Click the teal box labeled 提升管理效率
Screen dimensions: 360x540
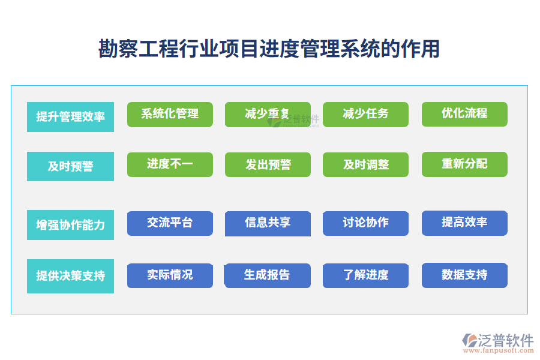pyautogui.click(x=70, y=116)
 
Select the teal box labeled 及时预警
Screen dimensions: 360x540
pyautogui.click(x=70, y=166)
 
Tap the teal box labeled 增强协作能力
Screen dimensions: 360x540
pyautogui.click(x=70, y=225)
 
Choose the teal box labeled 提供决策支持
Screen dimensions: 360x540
pyautogui.click(x=70, y=276)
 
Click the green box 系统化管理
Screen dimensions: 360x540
pyautogui.click(x=170, y=114)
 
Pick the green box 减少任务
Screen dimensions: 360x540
pyautogui.click(x=365, y=114)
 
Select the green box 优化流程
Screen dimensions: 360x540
pyautogui.click(x=464, y=114)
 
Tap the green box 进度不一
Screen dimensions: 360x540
pyautogui.click(x=170, y=164)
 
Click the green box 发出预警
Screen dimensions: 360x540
pyautogui.click(x=268, y=164)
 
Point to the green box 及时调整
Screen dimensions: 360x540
pyautogui.click(x=365, y=164)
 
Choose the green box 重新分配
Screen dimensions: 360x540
pyautogui.click(x=464, y=164)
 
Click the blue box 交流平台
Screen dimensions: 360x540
pyautogui.click(x=170, y=223)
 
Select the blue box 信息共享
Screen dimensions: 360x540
pyautogui.click(x=268, y=223)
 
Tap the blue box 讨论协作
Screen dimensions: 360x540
pyautogui.click(x=365, y=223)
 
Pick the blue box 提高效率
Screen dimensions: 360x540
pyautogui.click(x=464, y=223)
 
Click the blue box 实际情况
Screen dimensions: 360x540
pyautogui.click(x=170, y=275)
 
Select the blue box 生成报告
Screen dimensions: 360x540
pyautogui.click(x=268, y=275)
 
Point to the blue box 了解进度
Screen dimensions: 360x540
pyautogui.click(x=365, y=275)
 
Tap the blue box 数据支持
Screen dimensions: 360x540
pyautogui.click(x=464, y=275)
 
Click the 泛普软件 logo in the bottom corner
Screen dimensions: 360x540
pyautogui.click(x=498, y=343)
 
